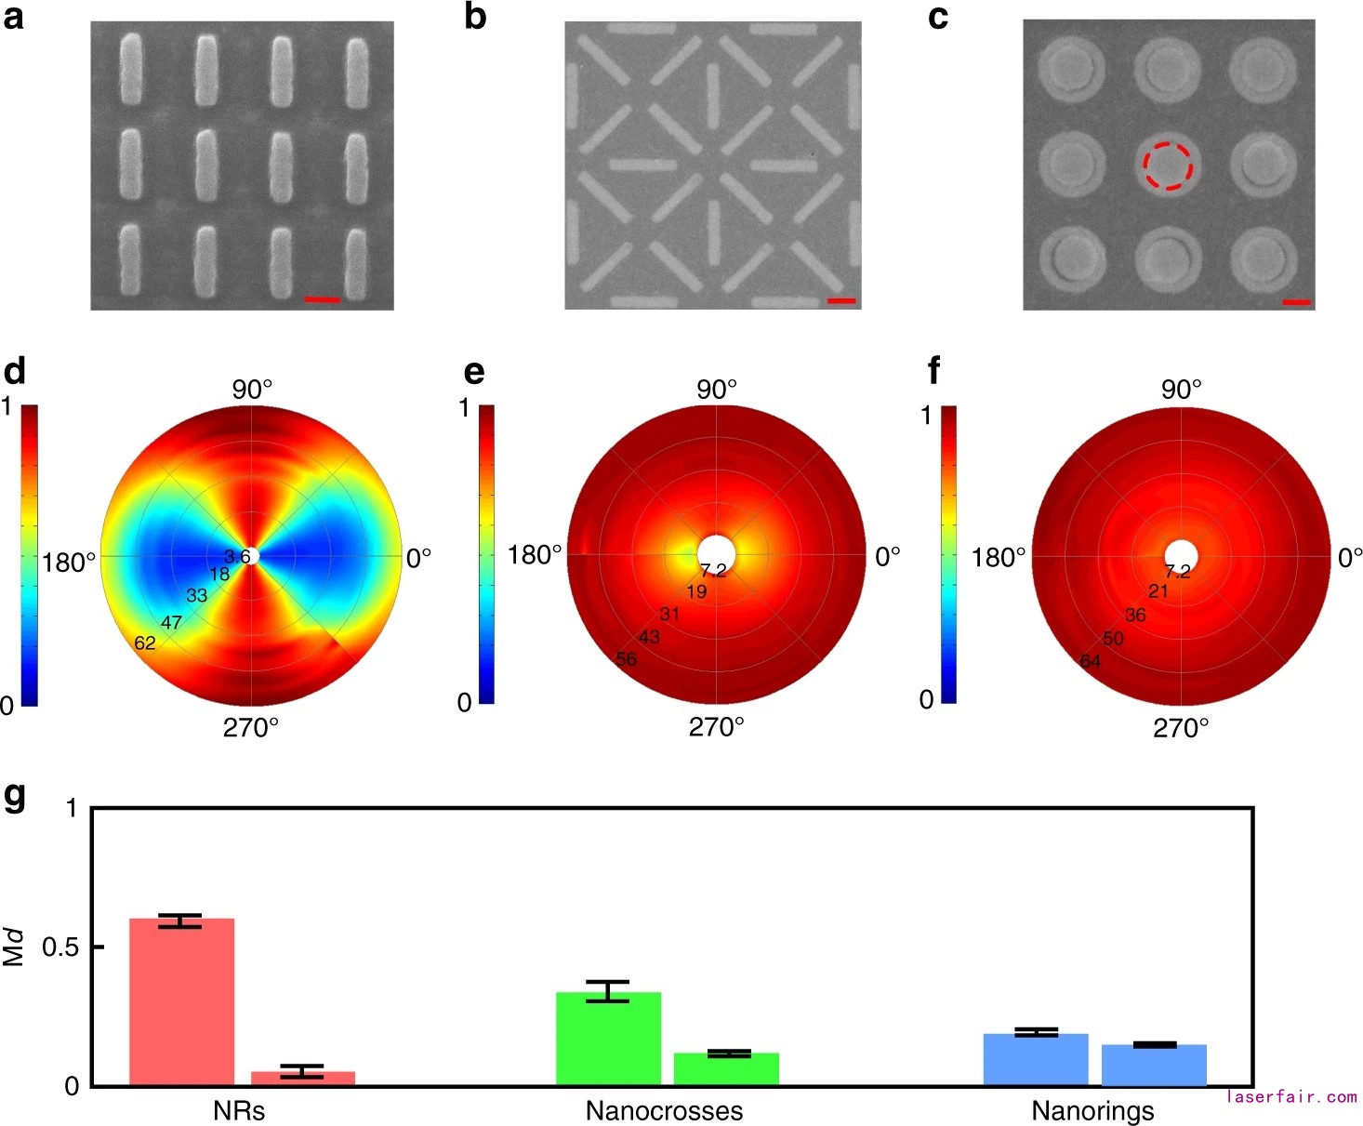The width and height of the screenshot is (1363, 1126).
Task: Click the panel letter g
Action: (15, 798)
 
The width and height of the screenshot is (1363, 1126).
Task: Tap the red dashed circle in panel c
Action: (1167, 166)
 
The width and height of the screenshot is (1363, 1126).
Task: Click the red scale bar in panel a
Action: (323, 299)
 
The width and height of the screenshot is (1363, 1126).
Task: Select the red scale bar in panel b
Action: (840, 300)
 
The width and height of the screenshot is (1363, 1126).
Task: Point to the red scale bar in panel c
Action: (1296, 302)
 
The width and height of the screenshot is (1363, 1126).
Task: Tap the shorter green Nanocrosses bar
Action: (726, 1068)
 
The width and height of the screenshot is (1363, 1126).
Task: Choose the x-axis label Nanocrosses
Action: (664, 1110)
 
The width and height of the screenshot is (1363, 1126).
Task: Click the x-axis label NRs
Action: (239, 1110)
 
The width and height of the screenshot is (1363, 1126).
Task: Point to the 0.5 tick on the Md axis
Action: (59, 947)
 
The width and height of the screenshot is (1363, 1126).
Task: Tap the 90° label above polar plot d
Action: (252, 389)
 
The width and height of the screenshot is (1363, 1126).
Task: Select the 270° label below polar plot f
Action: (1181, 728)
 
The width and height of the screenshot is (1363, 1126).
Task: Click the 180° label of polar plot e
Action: (535, 555)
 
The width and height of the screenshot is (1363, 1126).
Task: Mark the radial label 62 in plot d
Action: (145, 642)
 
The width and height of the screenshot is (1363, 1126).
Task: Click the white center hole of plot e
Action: (717, 554)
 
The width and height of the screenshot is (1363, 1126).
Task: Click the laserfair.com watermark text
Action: (1291, 1097)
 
